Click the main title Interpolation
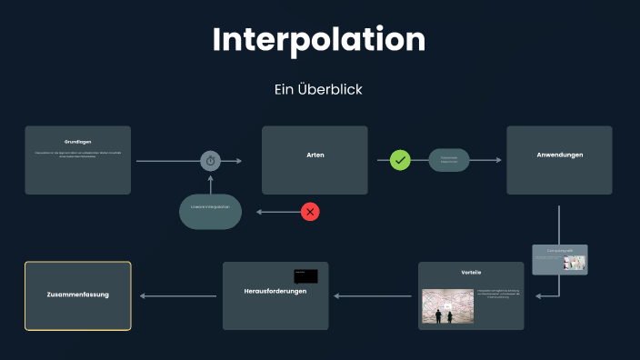(319, 39)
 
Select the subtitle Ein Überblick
(319, 90)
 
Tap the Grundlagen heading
(78, 141)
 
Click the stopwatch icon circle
(211, 161)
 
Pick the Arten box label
(315, 155)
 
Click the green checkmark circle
(401, 160)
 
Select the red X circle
(310, 212)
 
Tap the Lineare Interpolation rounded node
(210, 208)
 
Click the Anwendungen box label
(559, 155)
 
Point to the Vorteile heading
(471, 273)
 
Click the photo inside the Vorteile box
(447, 306)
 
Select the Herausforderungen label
(275, 291)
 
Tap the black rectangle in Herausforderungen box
(305, 275)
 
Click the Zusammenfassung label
(77, 295)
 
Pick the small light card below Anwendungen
(560, 260)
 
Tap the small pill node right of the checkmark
(449, 160)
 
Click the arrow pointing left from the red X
(277, 212)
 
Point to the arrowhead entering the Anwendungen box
(498, 160)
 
